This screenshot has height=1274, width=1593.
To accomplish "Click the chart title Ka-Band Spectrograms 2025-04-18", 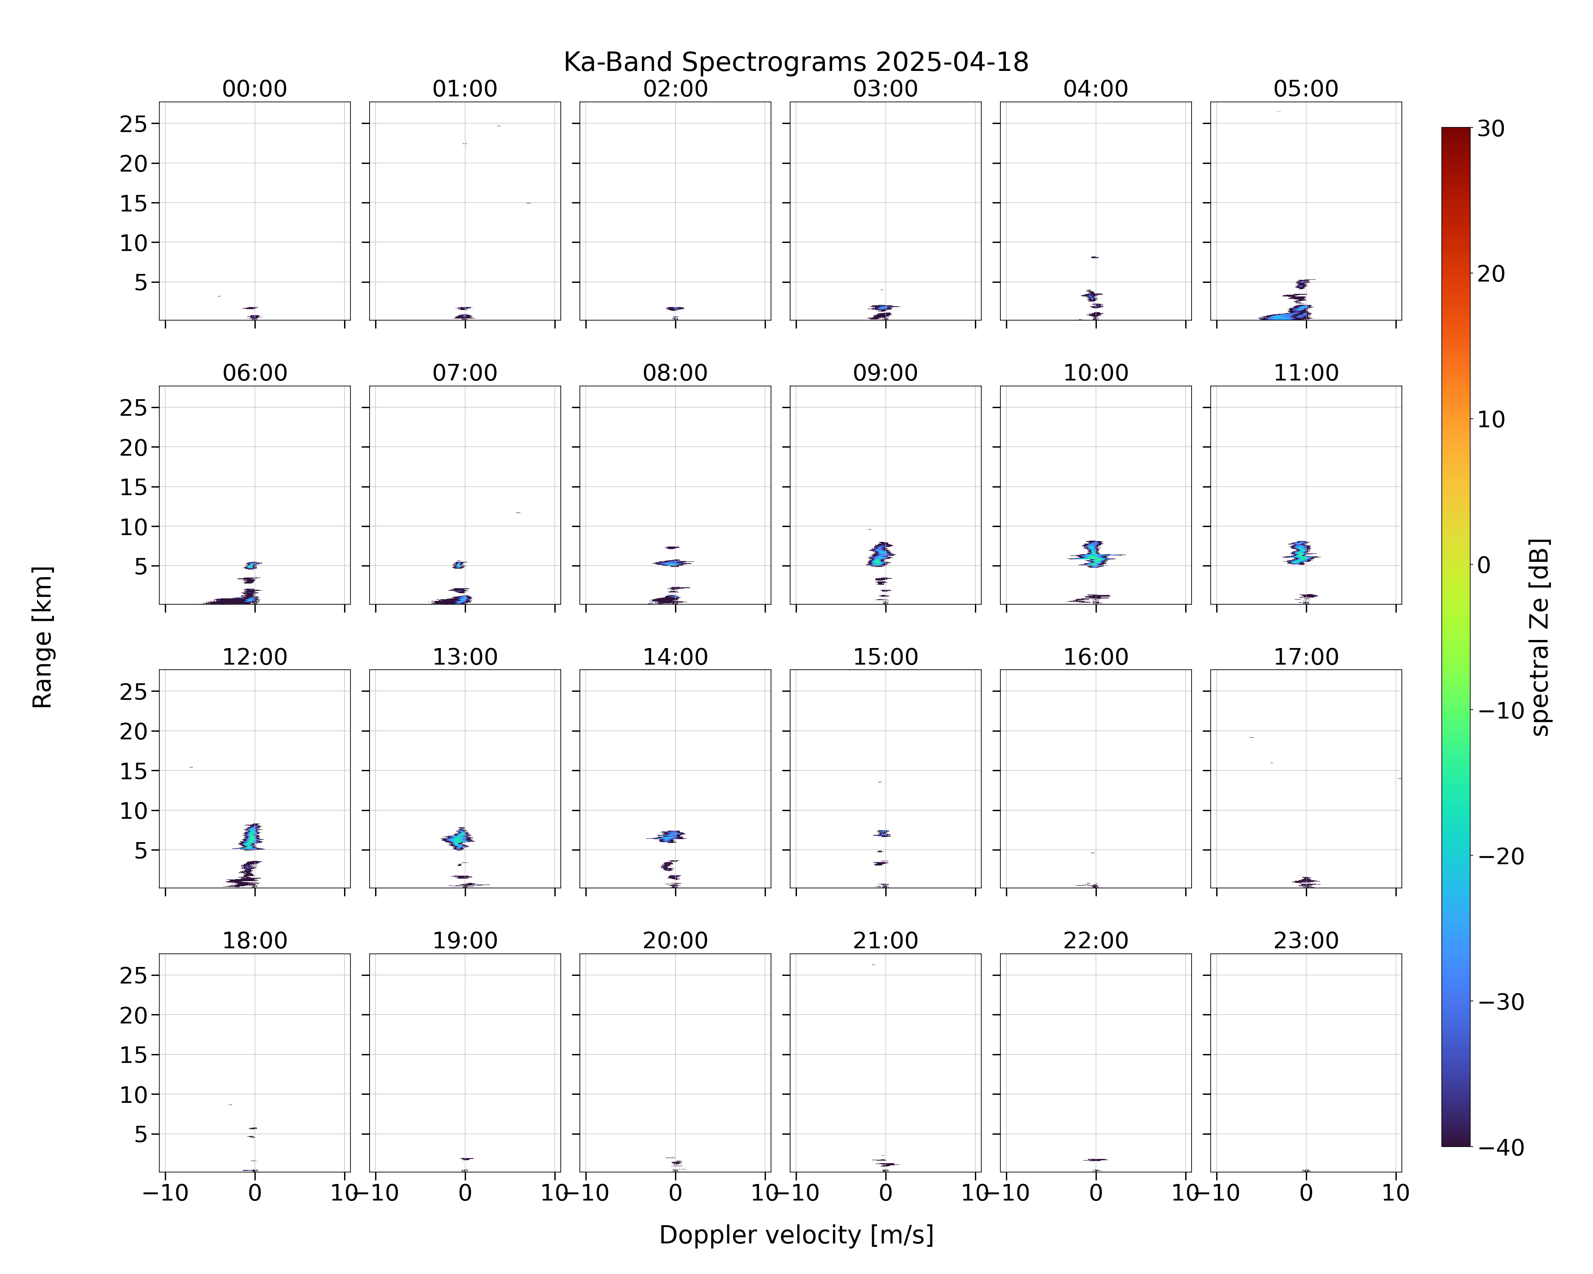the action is [796, 62].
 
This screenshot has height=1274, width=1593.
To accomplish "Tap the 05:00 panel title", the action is [1305, 89].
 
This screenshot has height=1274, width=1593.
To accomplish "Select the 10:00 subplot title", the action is [1096, 373].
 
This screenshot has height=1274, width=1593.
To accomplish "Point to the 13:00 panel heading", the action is [465, 657].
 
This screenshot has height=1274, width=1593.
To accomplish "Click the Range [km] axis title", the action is [43, 637].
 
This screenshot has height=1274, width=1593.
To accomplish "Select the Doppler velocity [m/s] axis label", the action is [796, 1235].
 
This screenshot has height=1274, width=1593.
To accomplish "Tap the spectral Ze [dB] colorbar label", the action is [1539, 637].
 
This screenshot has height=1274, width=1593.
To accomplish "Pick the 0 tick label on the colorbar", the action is [1484, 565].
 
